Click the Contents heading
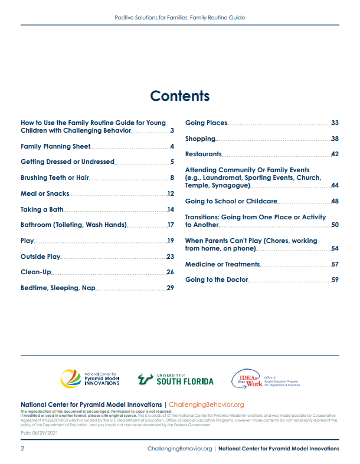click(x=179, y=96)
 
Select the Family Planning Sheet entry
click(x=55, y=146)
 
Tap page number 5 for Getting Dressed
click(x=172, y=162)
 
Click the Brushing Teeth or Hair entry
click(x=54, y=177)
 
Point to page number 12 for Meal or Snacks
click(x=171, y=193)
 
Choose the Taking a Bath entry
click(x=42, y=209)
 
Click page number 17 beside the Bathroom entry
click(x=171, y=225)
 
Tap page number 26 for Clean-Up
click(x=170, y=272)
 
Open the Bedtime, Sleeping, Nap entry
click(x=58, y=288)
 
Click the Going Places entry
click(x=206, y=123)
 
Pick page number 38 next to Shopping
click(x=335, y=139)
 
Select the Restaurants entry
click(x=203, y=154)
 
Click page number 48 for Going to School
click(x=335, y=202)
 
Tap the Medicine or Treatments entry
click(x=222, y=265)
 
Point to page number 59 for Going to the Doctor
click(x=335, y=280)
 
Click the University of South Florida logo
click(x=175, y=379)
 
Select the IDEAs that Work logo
click(x=265, y=379)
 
